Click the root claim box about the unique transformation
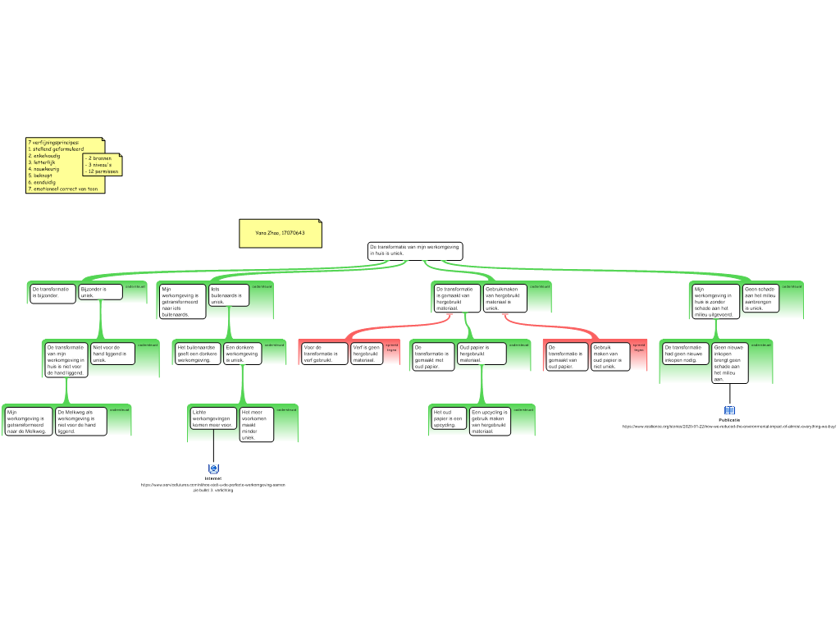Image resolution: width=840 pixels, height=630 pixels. (414, 251)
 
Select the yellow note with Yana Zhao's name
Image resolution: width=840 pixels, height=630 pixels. (280, 233)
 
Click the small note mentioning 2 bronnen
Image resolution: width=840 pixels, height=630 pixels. (102, 165)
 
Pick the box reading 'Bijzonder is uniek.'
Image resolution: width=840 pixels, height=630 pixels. (101, 292)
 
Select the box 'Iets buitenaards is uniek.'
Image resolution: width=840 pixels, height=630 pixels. (229, 295)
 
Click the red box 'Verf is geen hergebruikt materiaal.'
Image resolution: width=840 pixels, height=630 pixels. (366, 354)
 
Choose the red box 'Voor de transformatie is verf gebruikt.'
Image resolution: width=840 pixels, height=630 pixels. (323, 354)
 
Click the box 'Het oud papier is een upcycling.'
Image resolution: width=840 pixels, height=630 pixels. (448, 418)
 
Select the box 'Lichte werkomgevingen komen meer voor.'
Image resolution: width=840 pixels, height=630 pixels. (213, 418)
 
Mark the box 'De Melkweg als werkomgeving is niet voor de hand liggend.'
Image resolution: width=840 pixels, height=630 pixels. (80, 421)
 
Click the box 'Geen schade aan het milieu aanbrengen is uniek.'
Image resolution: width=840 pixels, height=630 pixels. (760, 299)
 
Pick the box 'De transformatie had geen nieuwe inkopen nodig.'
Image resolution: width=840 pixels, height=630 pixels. (685, 354)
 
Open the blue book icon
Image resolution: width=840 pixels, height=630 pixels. (729, 411)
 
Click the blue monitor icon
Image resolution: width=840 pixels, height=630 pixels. (213, 468)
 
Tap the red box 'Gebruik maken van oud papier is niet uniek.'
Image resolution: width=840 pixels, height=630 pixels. (610, 357)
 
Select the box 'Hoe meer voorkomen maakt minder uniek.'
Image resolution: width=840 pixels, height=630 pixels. (256, 424)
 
